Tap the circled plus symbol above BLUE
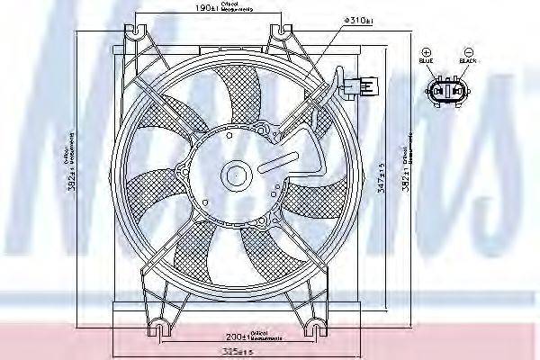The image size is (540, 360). click(x=427, y=52)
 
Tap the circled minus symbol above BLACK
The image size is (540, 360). click(x=467, y=52)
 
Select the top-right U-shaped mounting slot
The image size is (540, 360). click(x=285, y=31)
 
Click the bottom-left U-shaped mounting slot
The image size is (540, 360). click(x=161, y=325)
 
